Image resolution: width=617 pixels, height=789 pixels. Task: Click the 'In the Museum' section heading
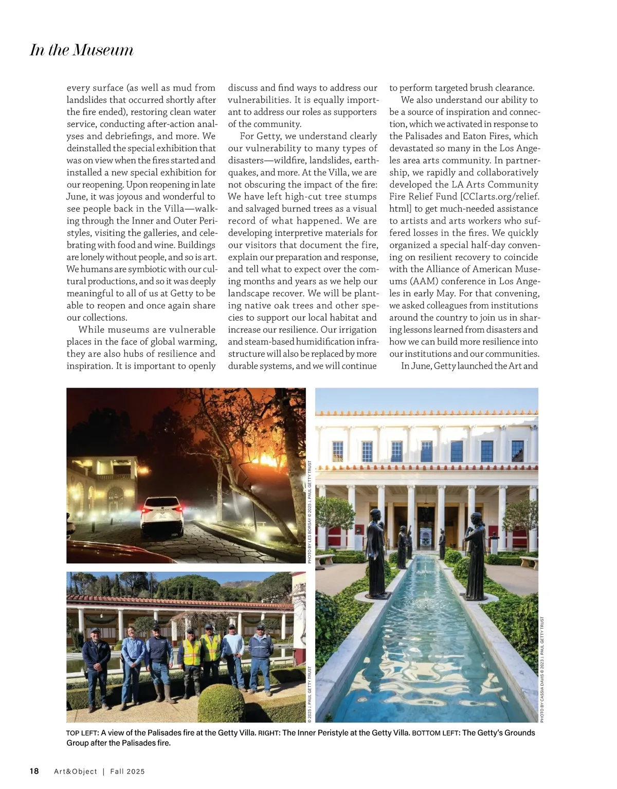click(82, 50)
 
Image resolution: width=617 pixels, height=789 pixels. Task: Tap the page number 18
click(34, 771)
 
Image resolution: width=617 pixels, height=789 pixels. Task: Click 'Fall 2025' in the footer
click(128, 772)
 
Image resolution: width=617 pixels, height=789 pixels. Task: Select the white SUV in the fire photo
click(162, 516)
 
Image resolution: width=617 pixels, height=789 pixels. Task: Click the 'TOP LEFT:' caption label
click(82, 733)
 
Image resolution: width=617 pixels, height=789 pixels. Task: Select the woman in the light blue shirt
click(133, 663)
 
